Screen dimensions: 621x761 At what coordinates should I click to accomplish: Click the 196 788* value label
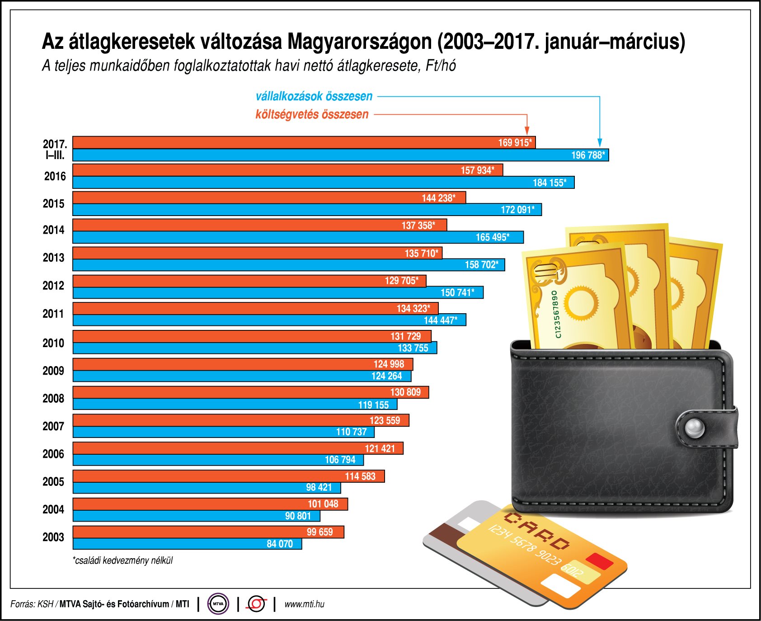(587, 155)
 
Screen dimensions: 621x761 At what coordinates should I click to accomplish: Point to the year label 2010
(53, 343)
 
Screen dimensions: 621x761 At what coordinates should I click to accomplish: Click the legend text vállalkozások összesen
(314, 96)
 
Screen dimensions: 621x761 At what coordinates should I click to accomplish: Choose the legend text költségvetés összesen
(312, 114)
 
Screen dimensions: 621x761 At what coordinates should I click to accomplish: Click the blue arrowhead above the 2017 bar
(600, 143)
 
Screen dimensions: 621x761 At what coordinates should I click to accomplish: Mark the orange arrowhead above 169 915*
(527, 131)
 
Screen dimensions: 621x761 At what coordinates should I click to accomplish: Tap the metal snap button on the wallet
(695, 427)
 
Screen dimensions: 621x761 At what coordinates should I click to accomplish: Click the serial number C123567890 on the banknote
(557, 314)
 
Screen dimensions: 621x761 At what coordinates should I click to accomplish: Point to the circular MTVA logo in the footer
(218, 604)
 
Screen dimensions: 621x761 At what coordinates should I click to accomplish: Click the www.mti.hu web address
(304, 604)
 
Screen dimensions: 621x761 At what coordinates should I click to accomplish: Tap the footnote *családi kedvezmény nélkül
(122, 561)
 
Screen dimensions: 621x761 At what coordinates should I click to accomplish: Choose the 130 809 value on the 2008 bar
(405, 392)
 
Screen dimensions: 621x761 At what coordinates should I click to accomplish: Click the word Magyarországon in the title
(359, 42)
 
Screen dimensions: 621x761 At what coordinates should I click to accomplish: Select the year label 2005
(53, 482)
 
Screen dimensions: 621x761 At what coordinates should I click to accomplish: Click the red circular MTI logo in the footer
(257, 604)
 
